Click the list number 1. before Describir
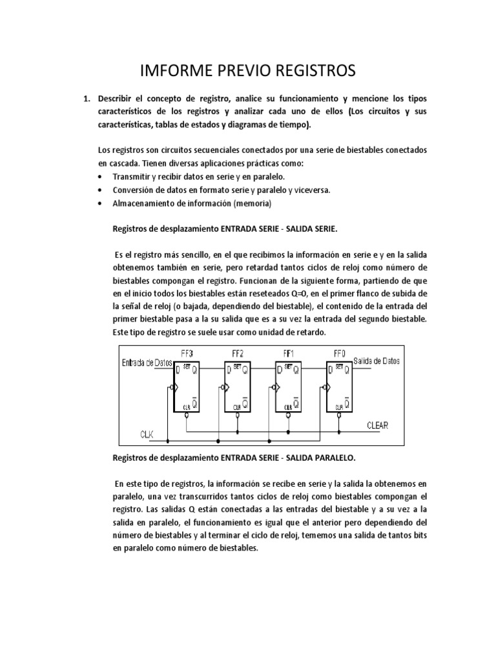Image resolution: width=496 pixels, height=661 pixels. point(85,99)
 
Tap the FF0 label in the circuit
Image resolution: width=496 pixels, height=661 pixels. point(339,353)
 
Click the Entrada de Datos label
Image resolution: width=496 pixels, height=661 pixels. point(146,363)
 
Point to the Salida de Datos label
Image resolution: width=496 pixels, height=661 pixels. point(377,362)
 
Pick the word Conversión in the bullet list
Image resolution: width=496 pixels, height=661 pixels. point(133,190)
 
